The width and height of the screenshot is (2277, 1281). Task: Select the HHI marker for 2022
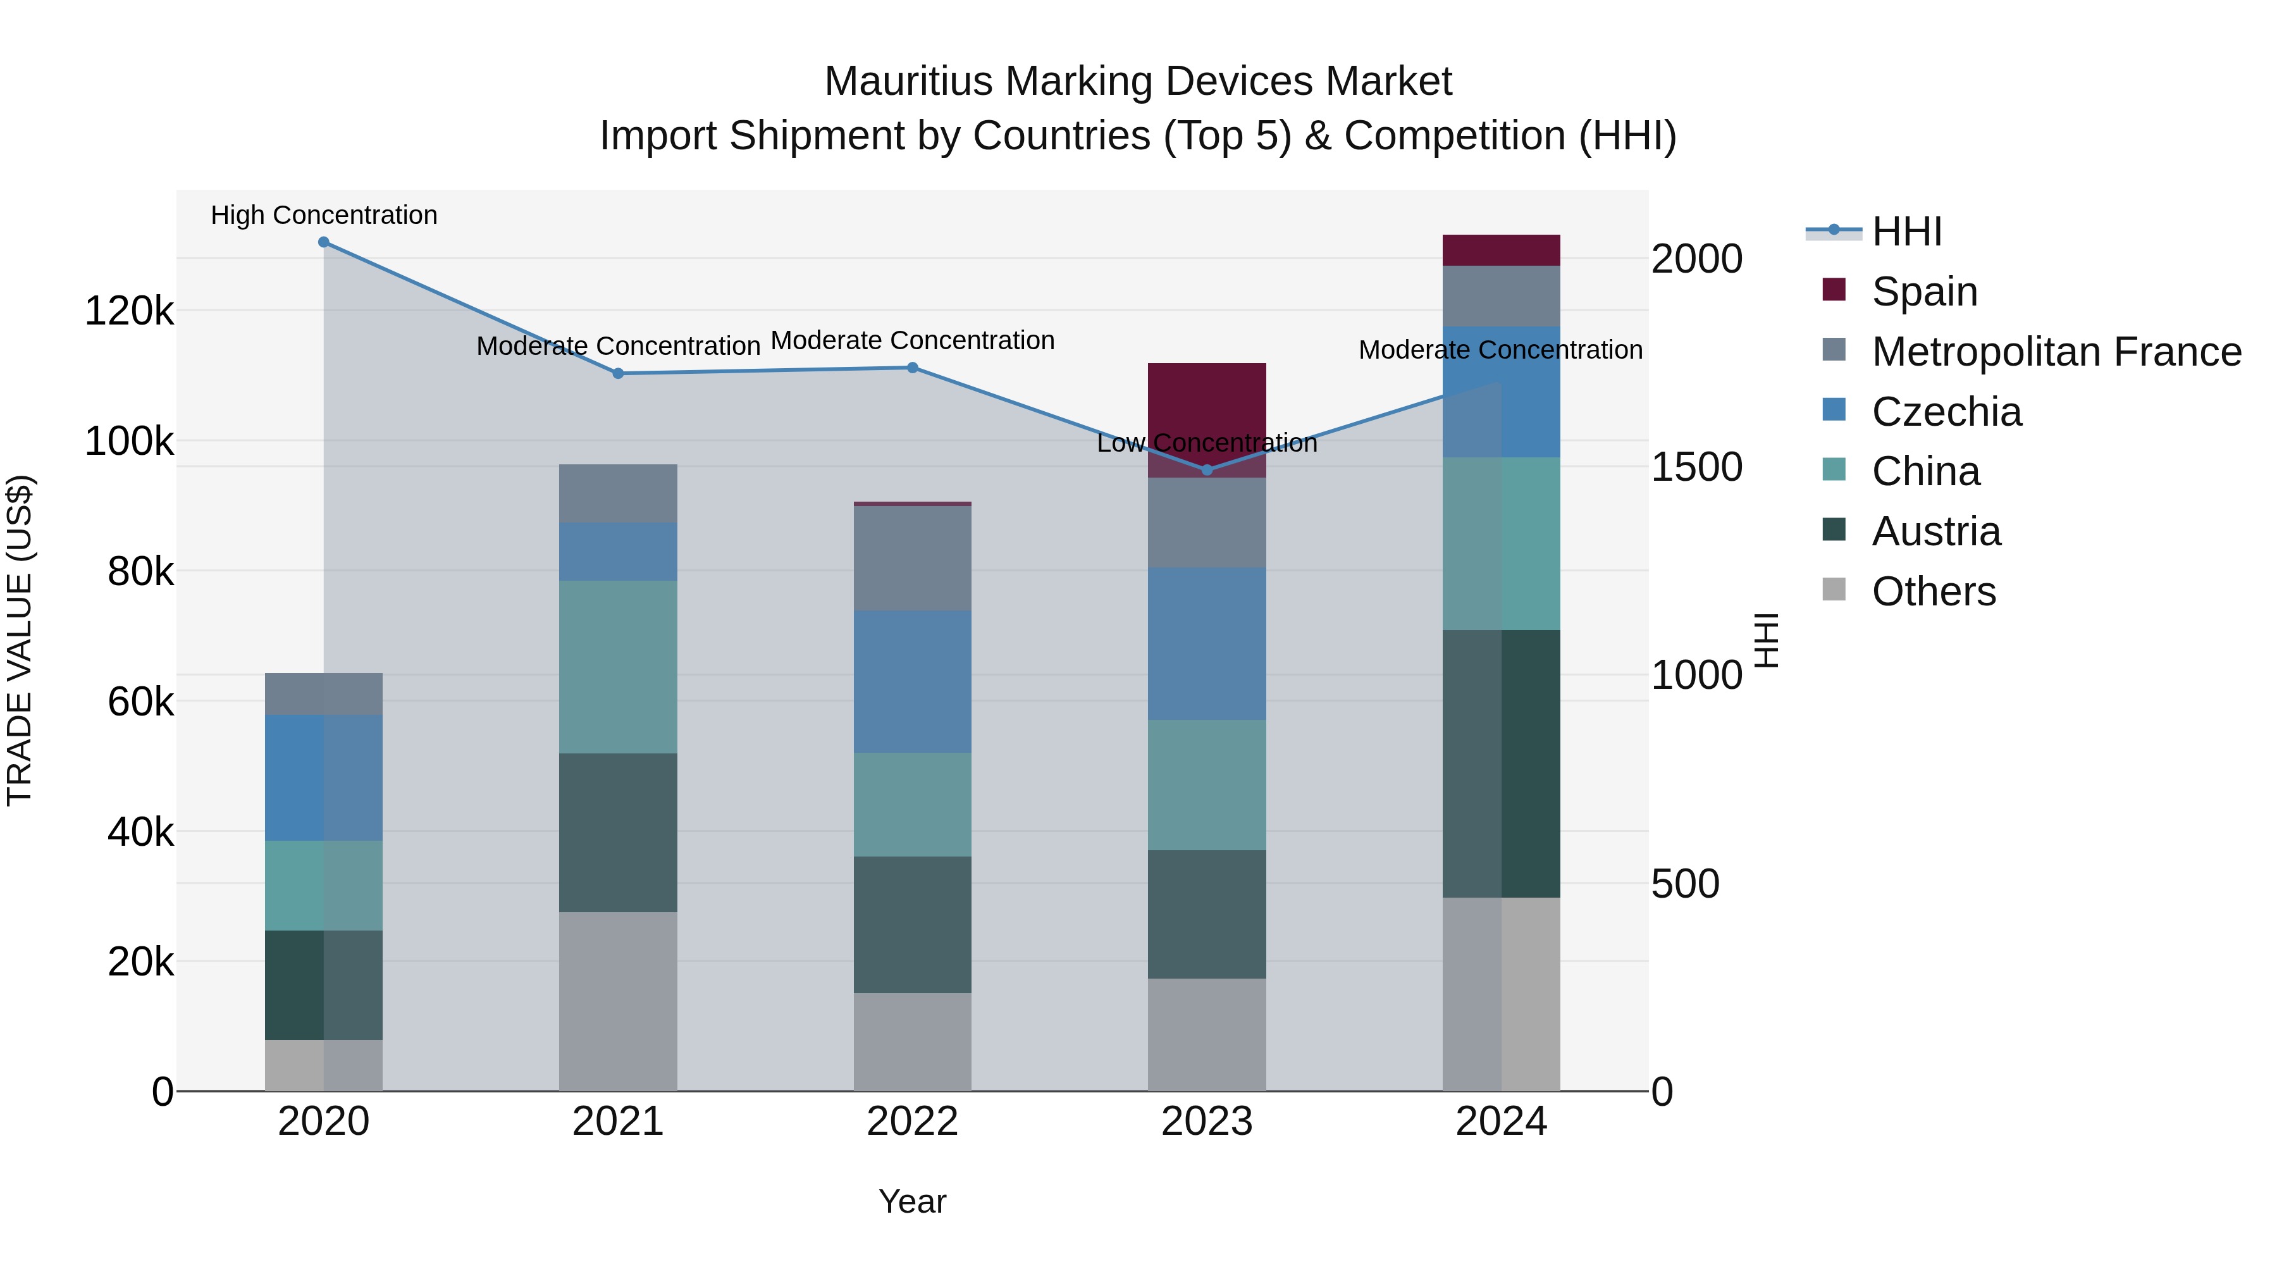913,368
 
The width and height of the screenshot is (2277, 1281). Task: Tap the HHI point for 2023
1207,470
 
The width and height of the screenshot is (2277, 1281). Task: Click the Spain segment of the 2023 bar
1207,407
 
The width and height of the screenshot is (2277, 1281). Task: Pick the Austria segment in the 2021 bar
618,832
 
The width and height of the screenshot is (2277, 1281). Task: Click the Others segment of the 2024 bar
1501,994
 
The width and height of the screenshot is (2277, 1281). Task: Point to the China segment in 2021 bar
618,667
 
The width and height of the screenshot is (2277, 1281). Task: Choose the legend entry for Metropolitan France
2056,352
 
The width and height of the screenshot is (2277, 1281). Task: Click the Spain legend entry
1924,292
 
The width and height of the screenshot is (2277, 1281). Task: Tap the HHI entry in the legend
1906,232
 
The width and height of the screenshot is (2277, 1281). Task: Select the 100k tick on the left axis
129,441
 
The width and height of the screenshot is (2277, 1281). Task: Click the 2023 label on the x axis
1207,1122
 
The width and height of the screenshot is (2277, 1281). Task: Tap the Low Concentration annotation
1207,443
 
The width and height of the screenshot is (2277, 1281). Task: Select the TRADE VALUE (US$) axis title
20,640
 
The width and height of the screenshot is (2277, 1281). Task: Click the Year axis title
912,1201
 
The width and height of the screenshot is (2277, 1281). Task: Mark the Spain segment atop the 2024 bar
1501,250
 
